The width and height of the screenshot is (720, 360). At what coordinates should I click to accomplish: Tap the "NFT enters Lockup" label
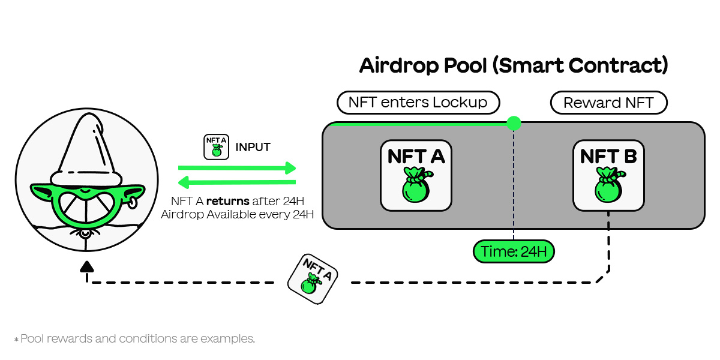(x=418, y=103)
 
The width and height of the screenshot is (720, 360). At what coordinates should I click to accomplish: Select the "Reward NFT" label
(x=608, y=103)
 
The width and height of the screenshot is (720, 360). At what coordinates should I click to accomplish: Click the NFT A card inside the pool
(x=416, y=175)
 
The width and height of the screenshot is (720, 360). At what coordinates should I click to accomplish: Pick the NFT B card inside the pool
(x=608, y=175)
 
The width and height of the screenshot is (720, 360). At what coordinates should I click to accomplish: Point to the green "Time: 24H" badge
(x=514, y=252)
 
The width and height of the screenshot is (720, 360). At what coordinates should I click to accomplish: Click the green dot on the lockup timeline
(x=514, y=124)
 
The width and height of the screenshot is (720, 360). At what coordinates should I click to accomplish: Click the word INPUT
(x=253, y=147)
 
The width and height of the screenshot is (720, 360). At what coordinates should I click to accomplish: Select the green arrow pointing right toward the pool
(x=237, y=167)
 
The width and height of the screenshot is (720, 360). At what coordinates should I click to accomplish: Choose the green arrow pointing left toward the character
(x=237, y=181)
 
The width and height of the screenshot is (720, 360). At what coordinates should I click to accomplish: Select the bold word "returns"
(x=228, y=200)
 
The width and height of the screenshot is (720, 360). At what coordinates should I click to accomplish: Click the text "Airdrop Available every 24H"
(x=238, y=214)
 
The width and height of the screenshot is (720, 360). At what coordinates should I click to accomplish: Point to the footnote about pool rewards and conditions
(x=134, y=339)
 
